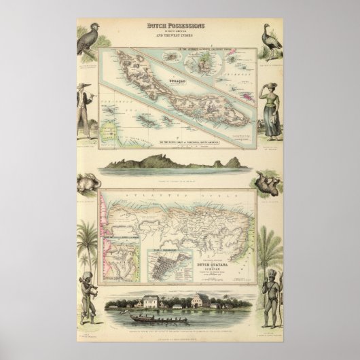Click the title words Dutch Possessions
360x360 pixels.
179,26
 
